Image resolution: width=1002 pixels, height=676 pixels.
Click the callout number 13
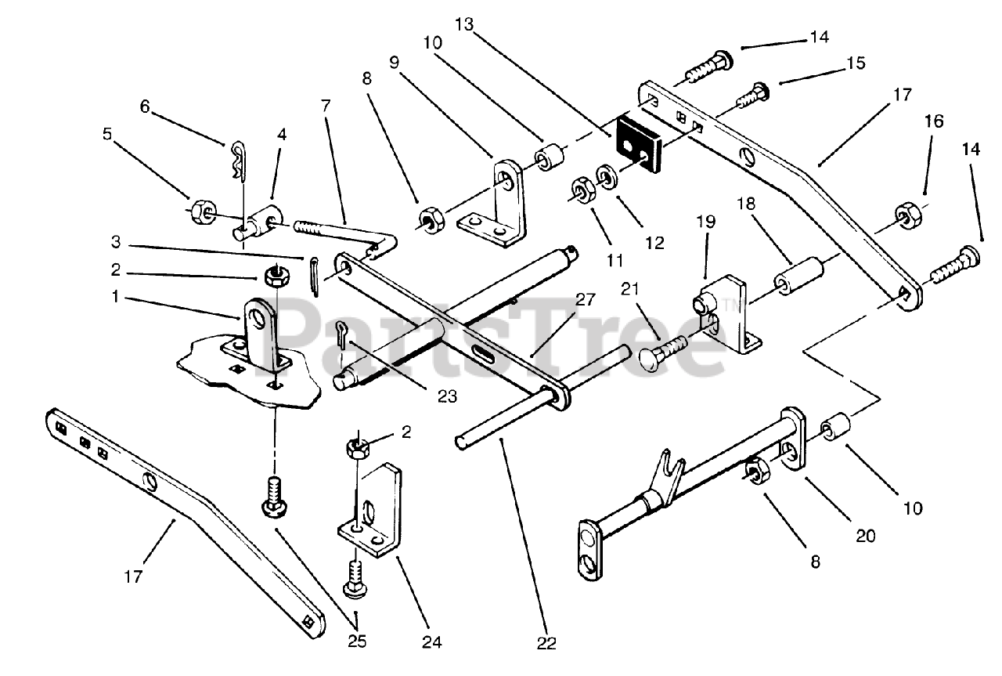coord(464,24)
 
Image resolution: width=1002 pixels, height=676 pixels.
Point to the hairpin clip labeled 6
coord(240,161)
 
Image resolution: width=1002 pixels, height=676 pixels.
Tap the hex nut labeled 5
coord(203,212)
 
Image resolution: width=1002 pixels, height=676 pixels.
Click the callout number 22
coord(546,643)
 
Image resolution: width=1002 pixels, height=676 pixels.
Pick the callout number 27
coord(585,299)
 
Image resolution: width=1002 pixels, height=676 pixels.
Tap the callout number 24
coord(431,642)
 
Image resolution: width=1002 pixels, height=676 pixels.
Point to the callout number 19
coord(706,221)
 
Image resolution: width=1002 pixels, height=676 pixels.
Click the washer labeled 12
coord(607,176)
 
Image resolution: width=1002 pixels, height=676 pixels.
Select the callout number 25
coord(356,642)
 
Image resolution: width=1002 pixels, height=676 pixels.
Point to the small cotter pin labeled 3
coord(315,277)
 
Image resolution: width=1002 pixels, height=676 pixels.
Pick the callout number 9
coord(394,63)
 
